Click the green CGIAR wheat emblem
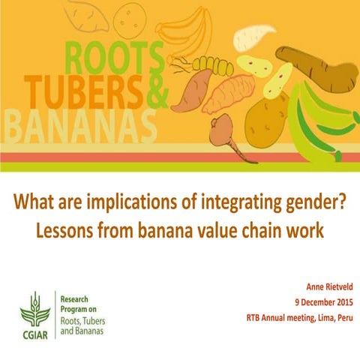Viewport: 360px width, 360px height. (34, 304)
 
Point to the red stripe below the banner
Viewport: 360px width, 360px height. (180, 157)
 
